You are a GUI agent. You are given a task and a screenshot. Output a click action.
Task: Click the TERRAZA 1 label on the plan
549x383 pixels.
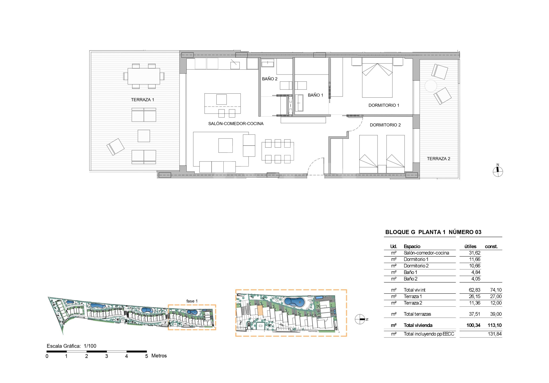tap(143, 100)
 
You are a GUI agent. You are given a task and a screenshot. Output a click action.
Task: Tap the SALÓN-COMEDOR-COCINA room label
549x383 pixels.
tap(236, 124)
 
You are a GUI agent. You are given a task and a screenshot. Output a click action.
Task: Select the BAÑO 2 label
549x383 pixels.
tap(270, 79)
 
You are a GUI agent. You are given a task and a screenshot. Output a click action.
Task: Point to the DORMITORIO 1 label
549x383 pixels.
tap(384, 105)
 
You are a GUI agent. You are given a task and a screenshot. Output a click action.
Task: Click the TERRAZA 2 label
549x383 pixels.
tap(438, 159)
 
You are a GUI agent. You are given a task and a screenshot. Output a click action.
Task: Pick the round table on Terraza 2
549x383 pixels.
tap(431, 86)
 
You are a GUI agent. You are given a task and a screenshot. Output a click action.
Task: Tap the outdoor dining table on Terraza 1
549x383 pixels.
tap(144, 76)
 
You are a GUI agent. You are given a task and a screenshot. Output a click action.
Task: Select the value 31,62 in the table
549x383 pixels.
tap(475, 253)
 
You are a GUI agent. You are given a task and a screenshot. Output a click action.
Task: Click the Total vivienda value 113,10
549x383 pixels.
tap(494, 325)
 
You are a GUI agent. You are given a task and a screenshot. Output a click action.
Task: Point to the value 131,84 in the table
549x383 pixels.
tap(495, 334)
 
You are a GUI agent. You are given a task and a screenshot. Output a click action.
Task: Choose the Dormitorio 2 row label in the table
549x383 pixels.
tap(416, 266)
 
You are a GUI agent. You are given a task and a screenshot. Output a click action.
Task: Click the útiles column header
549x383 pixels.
tap(470, 247)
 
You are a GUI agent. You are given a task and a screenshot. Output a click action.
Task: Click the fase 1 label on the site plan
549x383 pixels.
tap(192, 301)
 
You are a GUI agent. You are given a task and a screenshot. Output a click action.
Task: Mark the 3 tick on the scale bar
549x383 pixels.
tap(107, 356)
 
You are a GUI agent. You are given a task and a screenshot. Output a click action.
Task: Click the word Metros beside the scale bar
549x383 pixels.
tap(159, 356)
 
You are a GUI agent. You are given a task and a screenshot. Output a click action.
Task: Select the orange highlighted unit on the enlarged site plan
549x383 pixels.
tap(260, 310)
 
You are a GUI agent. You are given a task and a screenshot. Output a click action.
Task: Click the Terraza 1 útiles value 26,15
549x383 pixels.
tap(475, 297)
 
